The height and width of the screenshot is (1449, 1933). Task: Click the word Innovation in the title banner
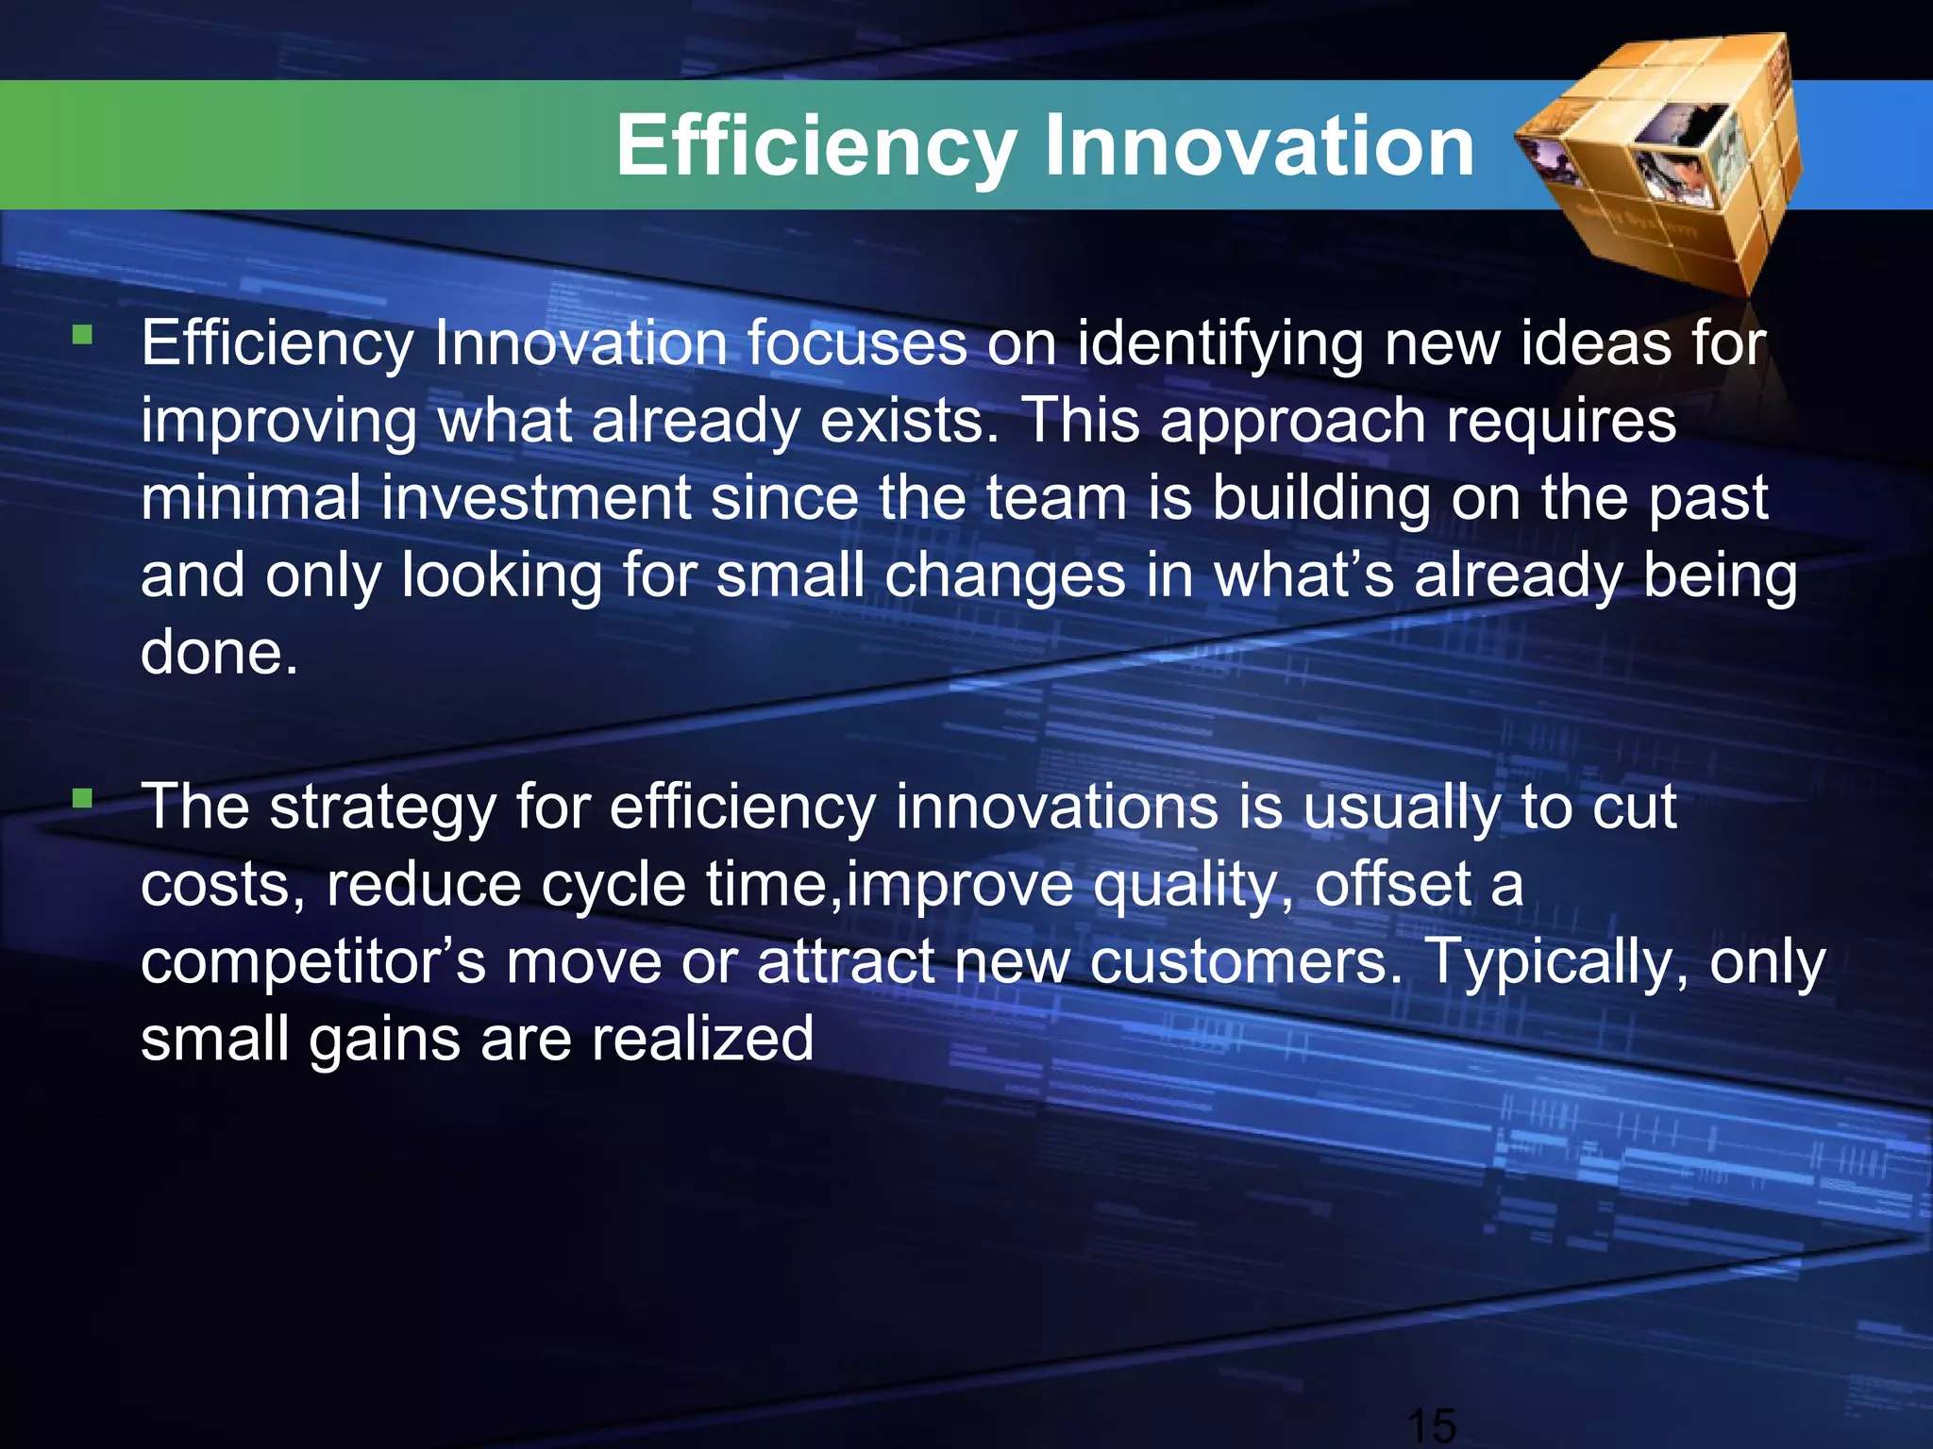pyautogui.click(x=1259, y=146)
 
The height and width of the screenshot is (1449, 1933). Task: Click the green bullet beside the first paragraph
pyautogui.click(x=83, y=334)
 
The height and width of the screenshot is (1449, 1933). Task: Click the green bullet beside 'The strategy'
pyautogui.click(x=83, y=799)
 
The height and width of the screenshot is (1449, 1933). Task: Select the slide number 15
pyautogui.click(x=1431, y=1424)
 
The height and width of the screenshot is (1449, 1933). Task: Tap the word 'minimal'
pyautogui.click(x=250, y=498)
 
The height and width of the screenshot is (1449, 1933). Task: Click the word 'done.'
pyautogui.click(x=219, y=653)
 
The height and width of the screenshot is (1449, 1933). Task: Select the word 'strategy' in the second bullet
pyautogui.click(x=382, y=809)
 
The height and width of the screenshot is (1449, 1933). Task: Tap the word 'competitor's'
pyautogui.click(x=312, y=962)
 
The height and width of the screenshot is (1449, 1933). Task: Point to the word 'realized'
pyautogui.click(x=702, y=1040)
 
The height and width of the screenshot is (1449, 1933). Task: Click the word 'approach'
pyautogui.click(x=1292, y=423)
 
